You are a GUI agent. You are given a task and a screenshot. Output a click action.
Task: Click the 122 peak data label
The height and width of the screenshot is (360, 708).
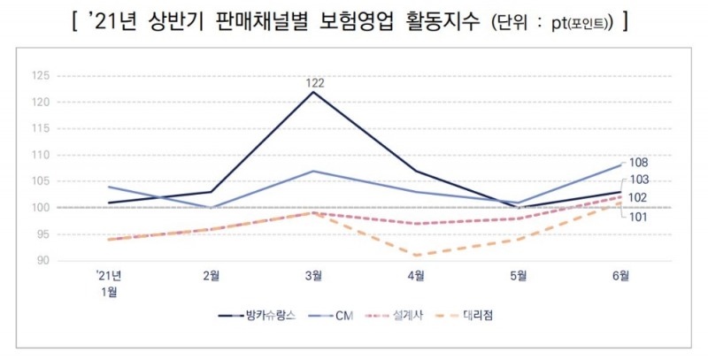(x=313, y=82)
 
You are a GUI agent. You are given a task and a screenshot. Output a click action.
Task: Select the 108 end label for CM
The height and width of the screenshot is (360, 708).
(x=639, y=163)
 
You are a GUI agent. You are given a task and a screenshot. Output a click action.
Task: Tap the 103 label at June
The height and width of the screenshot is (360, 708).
(x=639, y=180)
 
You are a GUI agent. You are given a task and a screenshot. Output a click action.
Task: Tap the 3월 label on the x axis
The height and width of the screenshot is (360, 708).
(x=313, y=276)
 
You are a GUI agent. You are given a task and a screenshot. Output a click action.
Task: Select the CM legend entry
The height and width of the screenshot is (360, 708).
(x=340, y=315)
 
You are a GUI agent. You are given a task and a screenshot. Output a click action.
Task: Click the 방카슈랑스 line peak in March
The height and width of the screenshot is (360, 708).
(x=313, y=92)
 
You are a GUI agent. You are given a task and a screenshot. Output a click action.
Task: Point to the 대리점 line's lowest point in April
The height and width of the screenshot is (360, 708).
(x=415, y=256)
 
